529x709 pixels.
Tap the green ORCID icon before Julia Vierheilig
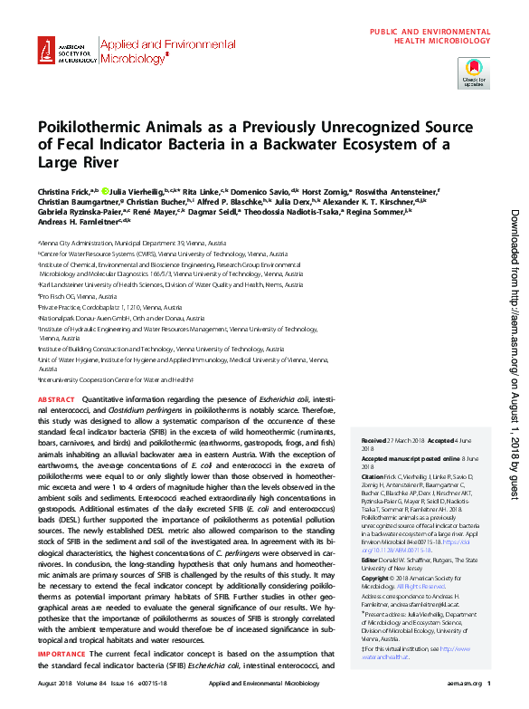coord(106,192)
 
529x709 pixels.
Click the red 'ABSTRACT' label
coord(56,399)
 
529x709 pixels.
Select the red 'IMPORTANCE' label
coord(61,678)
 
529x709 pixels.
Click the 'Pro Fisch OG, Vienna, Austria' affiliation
coord(79,296)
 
